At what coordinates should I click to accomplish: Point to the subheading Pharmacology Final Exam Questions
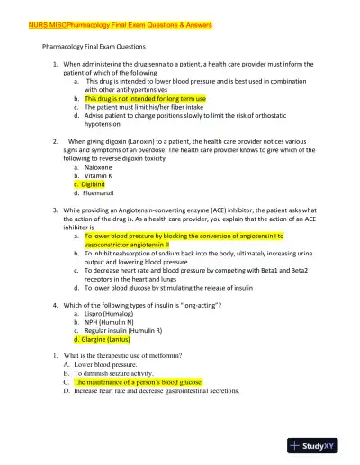point(94,45)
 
